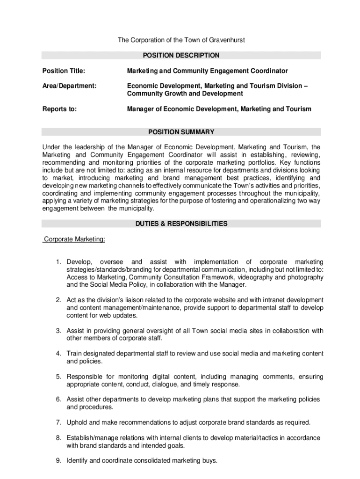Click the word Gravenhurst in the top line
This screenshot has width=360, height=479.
(x=225, y=40)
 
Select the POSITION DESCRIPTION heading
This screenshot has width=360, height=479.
(x=181, y=55)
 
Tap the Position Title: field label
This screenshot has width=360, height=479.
(x=64, y=71)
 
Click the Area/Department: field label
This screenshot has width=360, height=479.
(x=70, y=86)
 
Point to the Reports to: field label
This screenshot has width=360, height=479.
(x=60, y=109)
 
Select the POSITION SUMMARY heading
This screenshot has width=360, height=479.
(x=181, y=132)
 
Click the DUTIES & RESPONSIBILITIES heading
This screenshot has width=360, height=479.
(x=181, y=224)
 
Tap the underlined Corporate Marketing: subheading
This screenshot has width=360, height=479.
(x=74, y=239)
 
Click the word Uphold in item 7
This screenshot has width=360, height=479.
(x=77, y=422)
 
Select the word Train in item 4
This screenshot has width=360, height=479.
(x=74, y=354)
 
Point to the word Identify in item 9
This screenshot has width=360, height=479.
(x=78, y=461)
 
